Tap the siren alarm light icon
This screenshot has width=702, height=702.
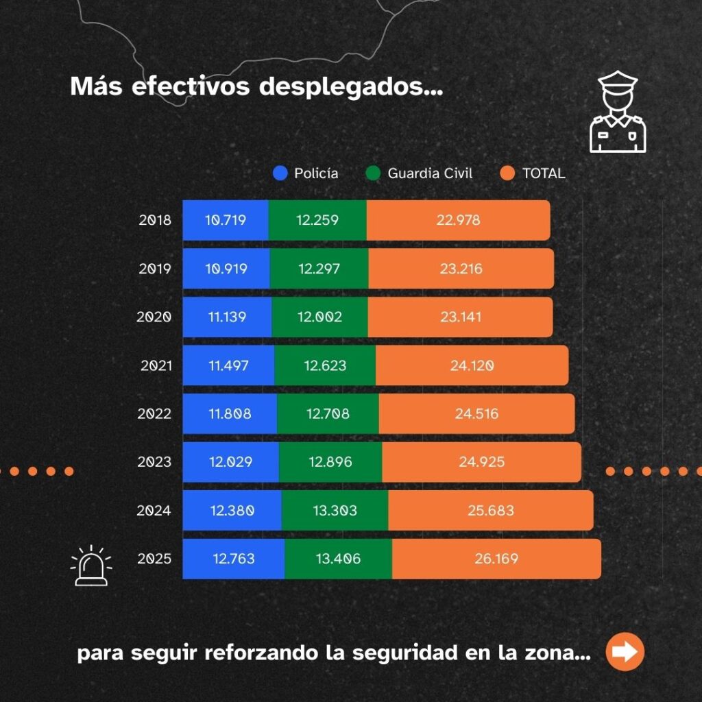[x=91, y=566]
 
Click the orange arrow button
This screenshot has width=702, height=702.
[x=625, y=651]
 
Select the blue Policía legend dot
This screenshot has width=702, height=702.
[x=280, y=173]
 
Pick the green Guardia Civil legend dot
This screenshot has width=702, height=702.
[x=373, y=173]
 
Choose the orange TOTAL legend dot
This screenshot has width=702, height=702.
[x=507, y=173]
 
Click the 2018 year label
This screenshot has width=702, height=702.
[x=154, y=221]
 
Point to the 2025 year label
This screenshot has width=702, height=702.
[x=154, y=559]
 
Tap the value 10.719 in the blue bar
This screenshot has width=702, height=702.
[x=226, y=221]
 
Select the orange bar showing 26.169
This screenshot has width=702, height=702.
[x=496, y=559]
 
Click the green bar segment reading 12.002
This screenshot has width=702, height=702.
[x=320, y=317]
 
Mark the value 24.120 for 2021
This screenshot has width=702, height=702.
[x=472, y=366]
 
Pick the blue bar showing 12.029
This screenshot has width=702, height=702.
[x=230, y=462]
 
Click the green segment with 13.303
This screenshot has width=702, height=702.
[x=335, y=511]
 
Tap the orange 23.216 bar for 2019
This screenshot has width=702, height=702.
[x=461, y=269]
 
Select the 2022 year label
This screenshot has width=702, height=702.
[x=154, y=414]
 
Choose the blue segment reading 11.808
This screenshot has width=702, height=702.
[x=230, y=414]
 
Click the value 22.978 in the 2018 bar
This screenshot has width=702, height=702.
[x=458, y=221]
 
